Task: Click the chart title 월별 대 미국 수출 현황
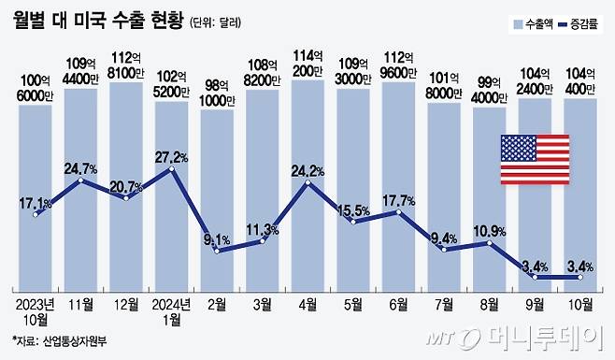tap(97, 20)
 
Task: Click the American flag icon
tap(535, 159)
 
